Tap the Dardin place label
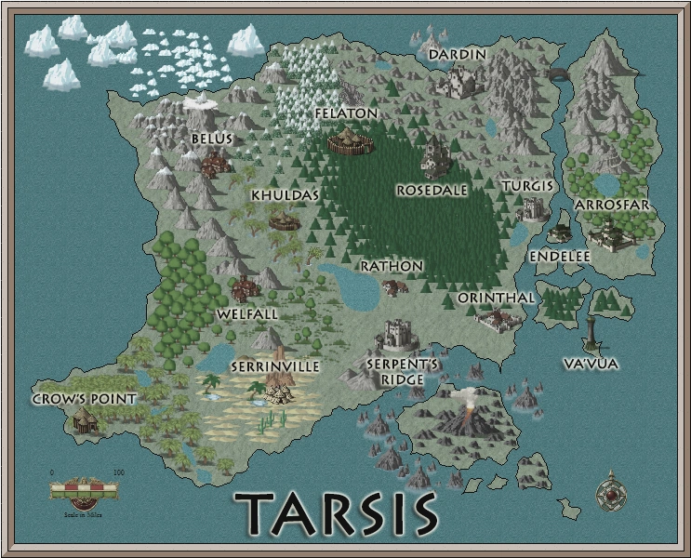(457, 54)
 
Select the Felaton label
(346, 113)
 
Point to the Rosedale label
(432, 189)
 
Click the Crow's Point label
(85, 398)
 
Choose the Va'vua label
(591, 364)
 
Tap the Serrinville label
(275, 366)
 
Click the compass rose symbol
(610, 494)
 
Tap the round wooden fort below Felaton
(351, 142)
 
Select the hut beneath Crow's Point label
(86, 421)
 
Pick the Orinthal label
(497, 298)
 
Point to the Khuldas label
(285, 195)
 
